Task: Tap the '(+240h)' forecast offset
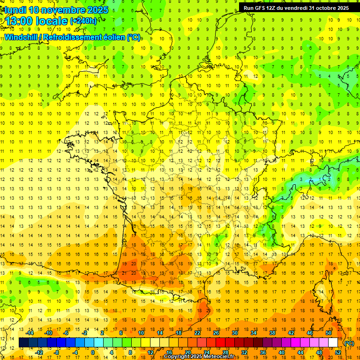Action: click(83, 21)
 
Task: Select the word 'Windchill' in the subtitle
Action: click(20, 37)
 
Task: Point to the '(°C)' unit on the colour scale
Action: click(349, 343)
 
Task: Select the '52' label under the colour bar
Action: click(338, 352)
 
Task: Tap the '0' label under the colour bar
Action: click(93, 352)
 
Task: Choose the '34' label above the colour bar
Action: click(254, 333)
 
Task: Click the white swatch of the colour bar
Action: click(333, 343)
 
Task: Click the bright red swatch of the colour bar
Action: click(220, 343)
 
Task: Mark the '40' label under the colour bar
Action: click(282, 352)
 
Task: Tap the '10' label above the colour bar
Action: click(141, 333)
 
